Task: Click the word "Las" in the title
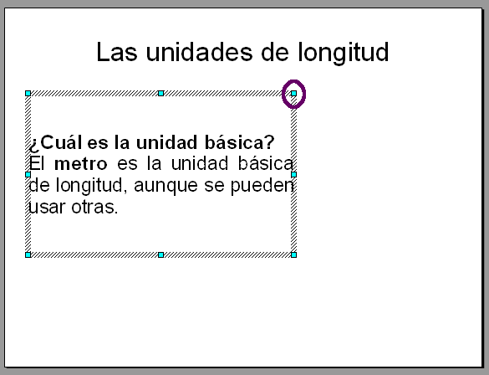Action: coord(117,52)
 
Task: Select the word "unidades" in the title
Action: coord(199,52)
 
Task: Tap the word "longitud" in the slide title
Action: coord(344,53)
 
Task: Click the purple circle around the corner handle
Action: coord(293,94)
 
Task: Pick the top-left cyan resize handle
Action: coord(28,94)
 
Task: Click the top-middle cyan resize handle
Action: coord(161,94)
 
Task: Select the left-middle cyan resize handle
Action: coord(28,175)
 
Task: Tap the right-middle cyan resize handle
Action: coord(293,175)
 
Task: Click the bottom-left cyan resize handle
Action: coord(28,254)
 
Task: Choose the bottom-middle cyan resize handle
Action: coord(161,254)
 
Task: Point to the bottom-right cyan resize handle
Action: coord(293,254)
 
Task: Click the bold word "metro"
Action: coord(81,164)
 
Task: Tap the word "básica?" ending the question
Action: coord(240,142)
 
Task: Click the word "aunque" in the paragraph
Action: coord(166,187)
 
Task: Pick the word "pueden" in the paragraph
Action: coord(262,187)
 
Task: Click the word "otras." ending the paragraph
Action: coord(94,207)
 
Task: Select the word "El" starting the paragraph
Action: coord(37,163)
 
